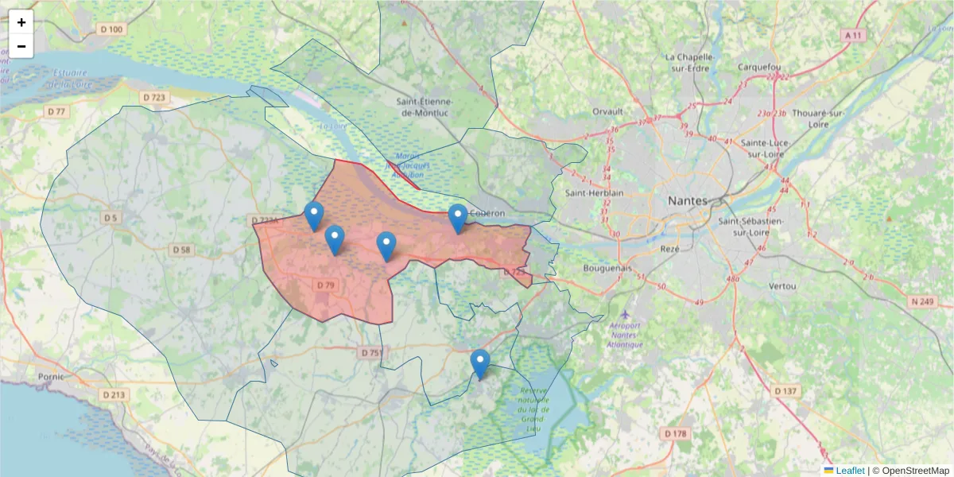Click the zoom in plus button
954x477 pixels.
(x=21, y=22)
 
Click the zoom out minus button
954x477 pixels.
(x=21, y=46)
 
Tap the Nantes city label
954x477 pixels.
(x=688, y=200)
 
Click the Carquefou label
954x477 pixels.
(x=760, y=67)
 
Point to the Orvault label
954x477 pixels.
(x=608, y=112)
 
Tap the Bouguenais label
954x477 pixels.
(x=608, y=269)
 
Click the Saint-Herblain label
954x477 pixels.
(x=594, y=193)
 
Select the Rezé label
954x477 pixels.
(x=669, y=249)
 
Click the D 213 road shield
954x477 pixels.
(x=114, y=394)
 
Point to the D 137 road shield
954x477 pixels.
(x=785, y=391)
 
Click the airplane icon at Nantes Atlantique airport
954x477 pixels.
(x=626, y=315)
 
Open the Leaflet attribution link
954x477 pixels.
(x=849, y=471)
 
